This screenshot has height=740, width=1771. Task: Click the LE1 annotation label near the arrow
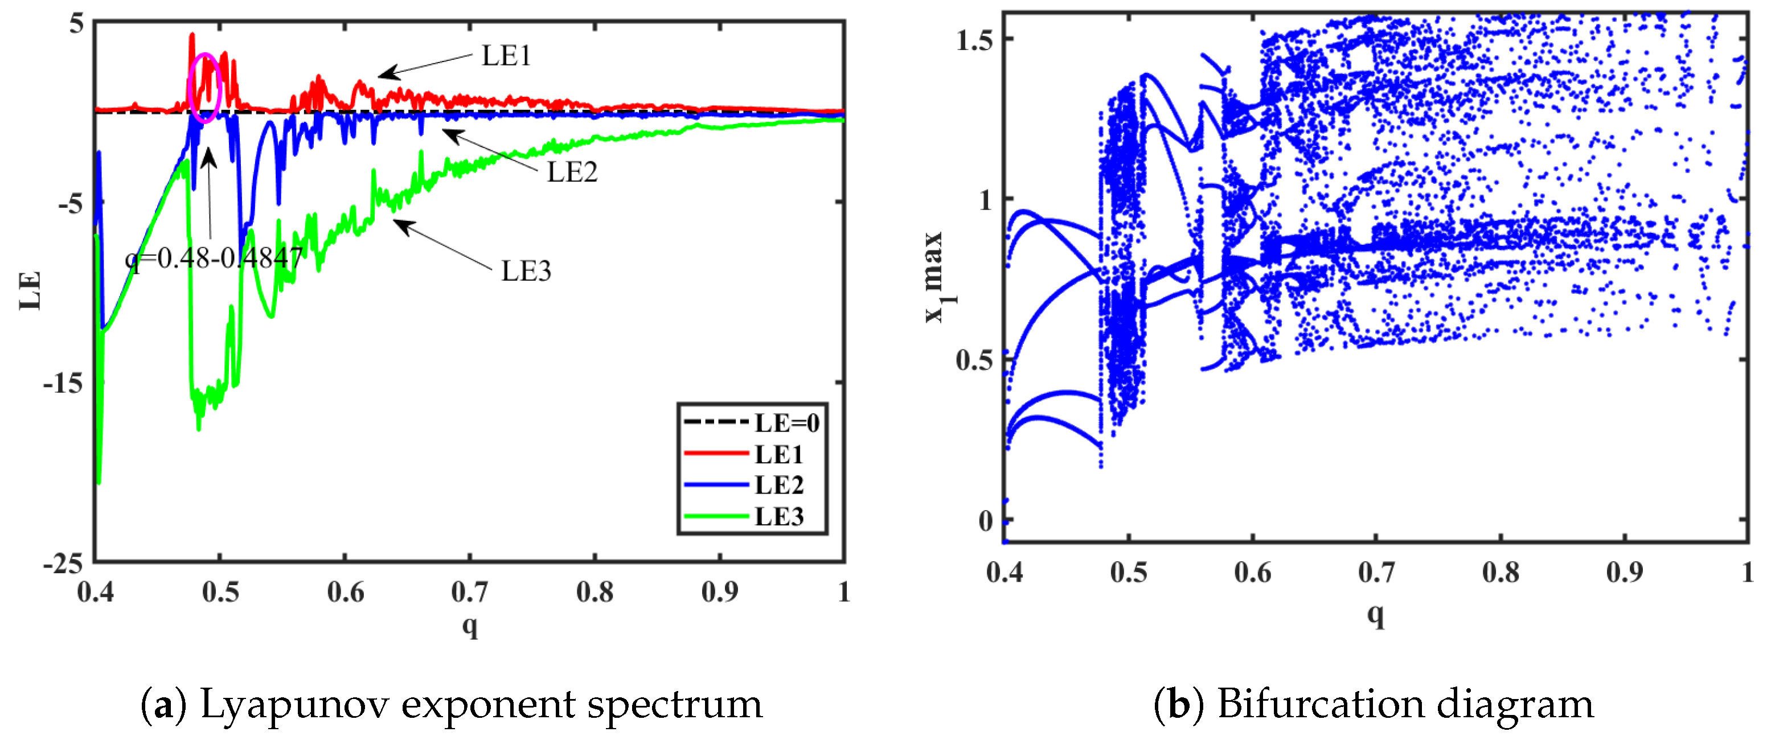pos(506,56)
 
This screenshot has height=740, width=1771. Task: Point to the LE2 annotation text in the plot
pos(571,172)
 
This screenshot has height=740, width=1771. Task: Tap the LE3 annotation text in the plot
pos(525,271)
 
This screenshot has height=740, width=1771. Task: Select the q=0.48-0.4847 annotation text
pos(214,258)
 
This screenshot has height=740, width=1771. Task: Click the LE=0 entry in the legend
pos(786,422)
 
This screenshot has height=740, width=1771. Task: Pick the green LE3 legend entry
pos(778,516)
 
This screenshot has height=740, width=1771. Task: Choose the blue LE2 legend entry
pos(778,485)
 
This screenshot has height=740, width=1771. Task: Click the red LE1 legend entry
pos(778,454)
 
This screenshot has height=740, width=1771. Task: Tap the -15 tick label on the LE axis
pos(63,383)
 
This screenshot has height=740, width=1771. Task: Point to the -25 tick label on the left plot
pos(63,564)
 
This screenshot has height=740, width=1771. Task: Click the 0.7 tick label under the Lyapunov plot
pos(470,591)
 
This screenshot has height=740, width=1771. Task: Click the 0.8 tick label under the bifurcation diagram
pos(1500,572)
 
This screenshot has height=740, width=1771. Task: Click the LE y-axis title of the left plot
pos(30,291)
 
